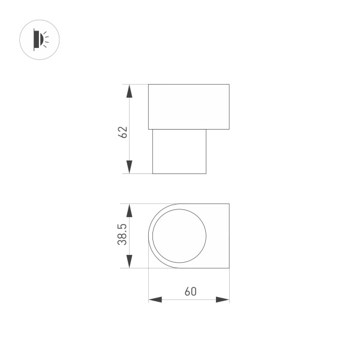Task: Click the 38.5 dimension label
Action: (x=122, y=235)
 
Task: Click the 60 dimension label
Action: (x=190, y=292)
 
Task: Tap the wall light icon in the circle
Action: (x=41, y=40)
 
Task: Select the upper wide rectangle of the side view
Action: (x=189, y=107)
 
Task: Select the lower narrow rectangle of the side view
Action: (x=179, y=151)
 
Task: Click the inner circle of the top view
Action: (x=179, y=236)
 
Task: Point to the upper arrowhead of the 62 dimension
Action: (x=128, y=91)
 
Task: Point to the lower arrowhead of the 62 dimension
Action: (x=128, y=167)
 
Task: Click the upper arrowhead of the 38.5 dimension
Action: (x=128, y=210)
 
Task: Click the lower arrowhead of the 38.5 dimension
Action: (x=128, y=262)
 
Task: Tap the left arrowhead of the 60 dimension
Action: (x=155, y=299)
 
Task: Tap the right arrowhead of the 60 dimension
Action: (x=223, y=299)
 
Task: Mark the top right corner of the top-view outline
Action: (x=229, y=204)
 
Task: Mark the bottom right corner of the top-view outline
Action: (x=229, y=268)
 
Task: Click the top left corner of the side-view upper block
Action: (x=149, y=85)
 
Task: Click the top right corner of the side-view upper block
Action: (x=229, y=85)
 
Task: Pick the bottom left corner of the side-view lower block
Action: (x=153, y=173)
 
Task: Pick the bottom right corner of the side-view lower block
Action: (x=206, y=173)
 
